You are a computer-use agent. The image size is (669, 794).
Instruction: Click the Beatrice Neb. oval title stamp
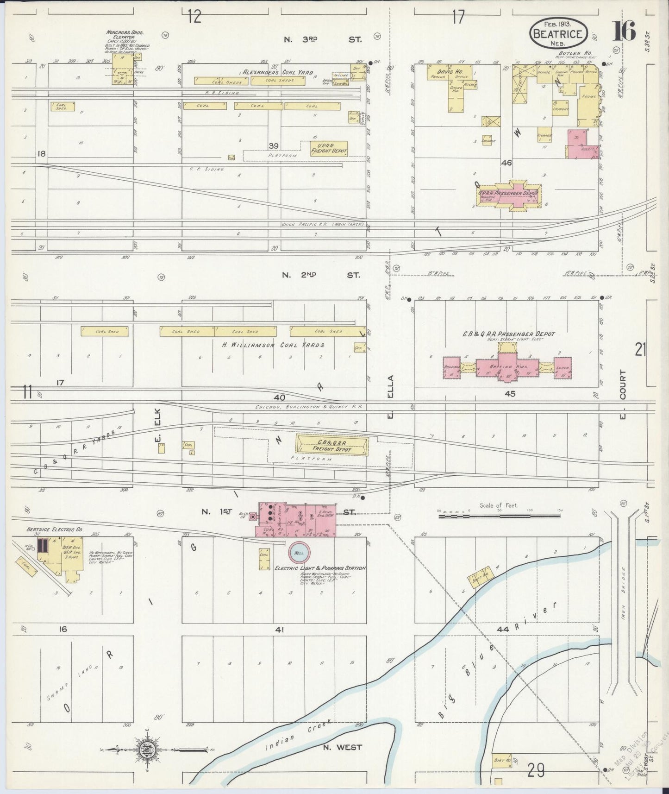point(559,32)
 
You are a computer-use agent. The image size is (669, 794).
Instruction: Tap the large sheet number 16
point(625,32)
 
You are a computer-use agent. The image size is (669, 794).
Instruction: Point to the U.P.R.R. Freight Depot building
point(329,148)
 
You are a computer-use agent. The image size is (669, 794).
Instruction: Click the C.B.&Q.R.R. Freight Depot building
point(332,446)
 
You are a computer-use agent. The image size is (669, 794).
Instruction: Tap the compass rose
point(148,749)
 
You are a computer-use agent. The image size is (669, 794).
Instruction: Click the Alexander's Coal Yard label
point(278,73)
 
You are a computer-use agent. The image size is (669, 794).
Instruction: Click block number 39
point(273,146)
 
